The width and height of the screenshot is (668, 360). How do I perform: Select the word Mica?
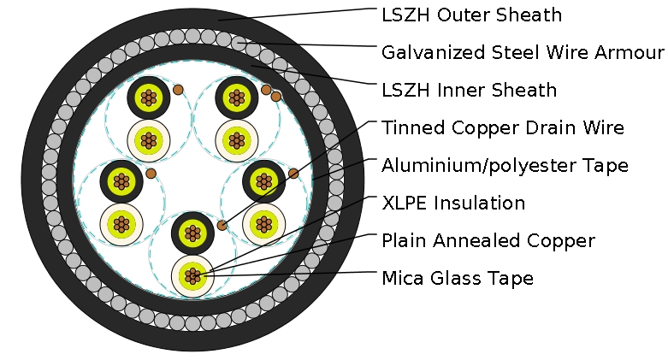(x=402, y=279)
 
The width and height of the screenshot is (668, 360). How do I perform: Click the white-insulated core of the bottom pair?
(x=192, y=275)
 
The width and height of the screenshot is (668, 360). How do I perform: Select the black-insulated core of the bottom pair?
(x=192, y=233)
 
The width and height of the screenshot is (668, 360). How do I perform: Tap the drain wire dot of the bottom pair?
(x=222, y=226)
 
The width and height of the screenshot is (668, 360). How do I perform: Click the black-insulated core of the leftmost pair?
(x=121, y=180)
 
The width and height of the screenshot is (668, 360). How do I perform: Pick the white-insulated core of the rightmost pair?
(x=263, y=224)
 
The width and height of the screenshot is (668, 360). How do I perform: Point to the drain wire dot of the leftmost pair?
(x=151, y=173)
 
